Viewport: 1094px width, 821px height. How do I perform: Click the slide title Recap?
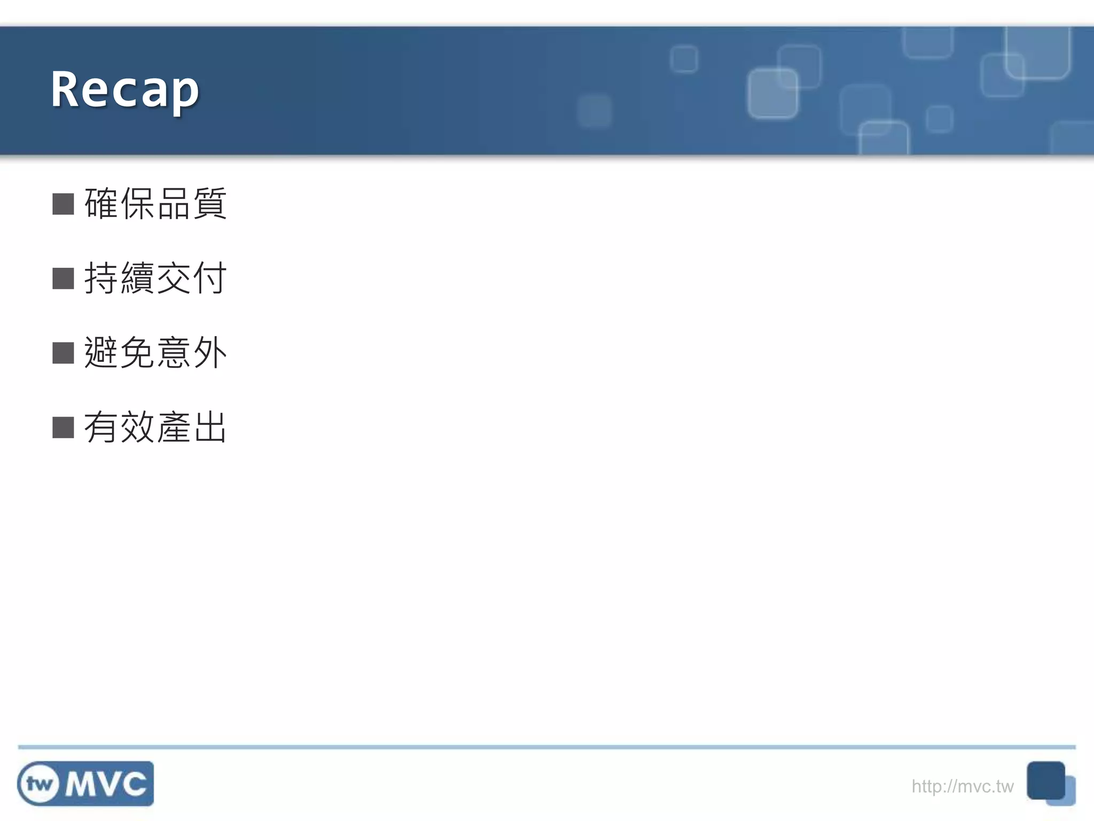tap(125, 89)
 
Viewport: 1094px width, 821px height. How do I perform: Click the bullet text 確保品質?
tap(155, 204)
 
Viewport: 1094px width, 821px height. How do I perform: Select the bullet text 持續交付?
tap(155, 278)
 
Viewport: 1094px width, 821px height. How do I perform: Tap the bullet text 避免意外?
tap(155, 353)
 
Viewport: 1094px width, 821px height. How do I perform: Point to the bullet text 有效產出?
tap(155, 427)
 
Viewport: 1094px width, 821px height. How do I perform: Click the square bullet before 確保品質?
tap(63, 204)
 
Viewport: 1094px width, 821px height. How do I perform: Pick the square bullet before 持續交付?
tap(63, 278)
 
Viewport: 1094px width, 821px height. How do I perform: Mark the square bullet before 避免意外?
tap(63, 353)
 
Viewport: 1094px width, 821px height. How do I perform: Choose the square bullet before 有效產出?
tap(63, 427)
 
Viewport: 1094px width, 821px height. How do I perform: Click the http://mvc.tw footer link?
tap(962, 786)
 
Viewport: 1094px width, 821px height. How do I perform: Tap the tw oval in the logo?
tap(39, 784)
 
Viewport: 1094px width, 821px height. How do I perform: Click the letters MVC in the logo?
tap(106, 784)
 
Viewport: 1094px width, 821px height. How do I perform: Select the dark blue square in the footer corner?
tap(1045, 780)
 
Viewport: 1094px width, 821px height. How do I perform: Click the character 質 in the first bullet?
tap(210, 204)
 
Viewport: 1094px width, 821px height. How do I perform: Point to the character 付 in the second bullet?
tap(210, 278)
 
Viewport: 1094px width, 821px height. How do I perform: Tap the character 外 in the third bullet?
tap(210, 353)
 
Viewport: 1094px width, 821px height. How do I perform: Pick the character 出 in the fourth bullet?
tap(210, 427)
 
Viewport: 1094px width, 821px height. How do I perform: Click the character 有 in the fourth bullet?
tap(101, 427)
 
